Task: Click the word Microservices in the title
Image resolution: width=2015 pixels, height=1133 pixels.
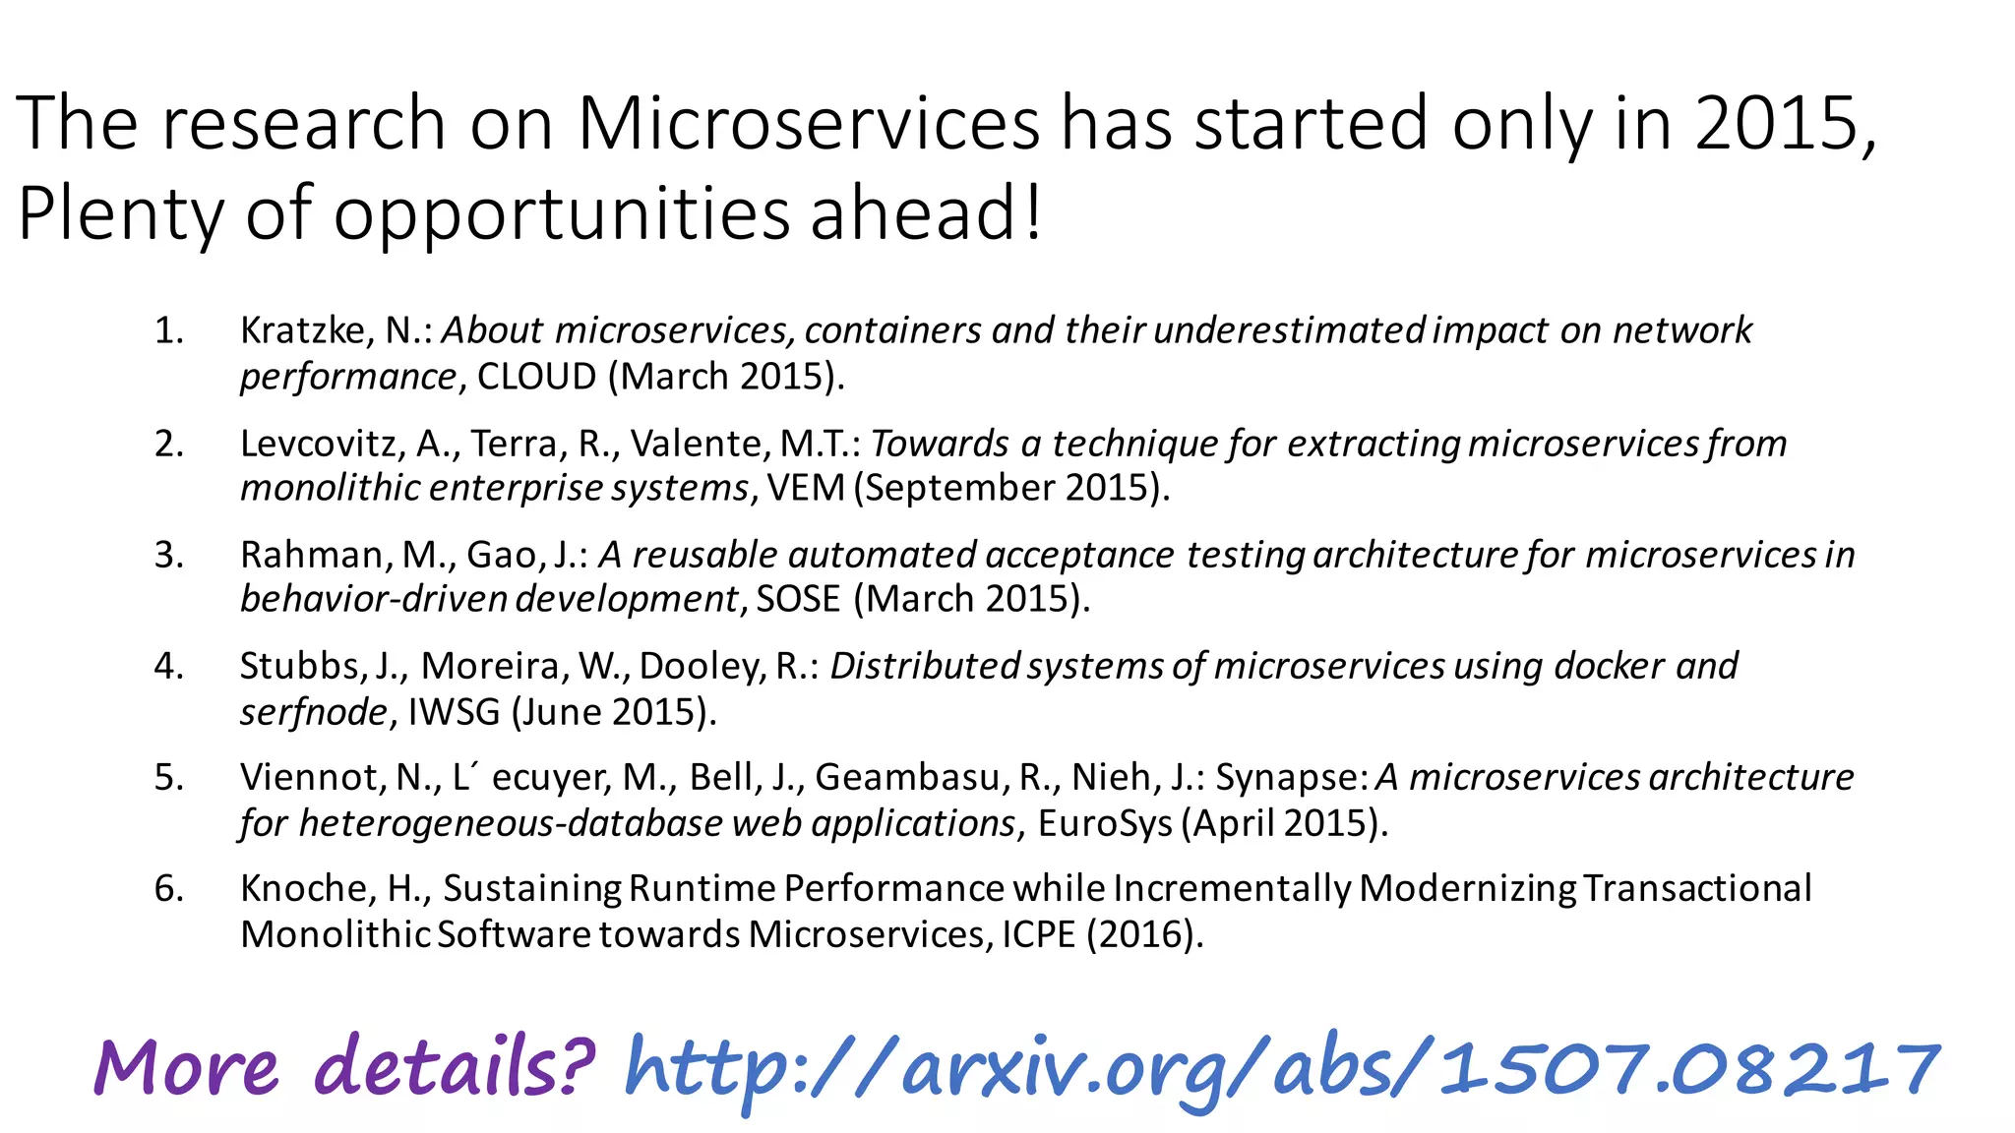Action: point(808,123)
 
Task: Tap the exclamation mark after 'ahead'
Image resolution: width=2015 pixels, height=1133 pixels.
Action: point(1031,213)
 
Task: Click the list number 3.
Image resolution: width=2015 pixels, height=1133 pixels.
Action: point(168,555)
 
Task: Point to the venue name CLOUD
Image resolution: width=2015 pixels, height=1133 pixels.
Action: point(536,377)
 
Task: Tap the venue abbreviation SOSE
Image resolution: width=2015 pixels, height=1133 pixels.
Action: point(798,599)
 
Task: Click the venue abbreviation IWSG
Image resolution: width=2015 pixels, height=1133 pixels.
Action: point(454,711)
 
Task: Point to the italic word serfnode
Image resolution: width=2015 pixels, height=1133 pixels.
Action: point(314,711)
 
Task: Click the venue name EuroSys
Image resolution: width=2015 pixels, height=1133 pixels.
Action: point(1105,822)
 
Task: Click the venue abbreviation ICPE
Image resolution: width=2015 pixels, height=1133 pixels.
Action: point(1039,933)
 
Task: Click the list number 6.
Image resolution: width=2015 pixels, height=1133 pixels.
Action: point(168,888)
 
